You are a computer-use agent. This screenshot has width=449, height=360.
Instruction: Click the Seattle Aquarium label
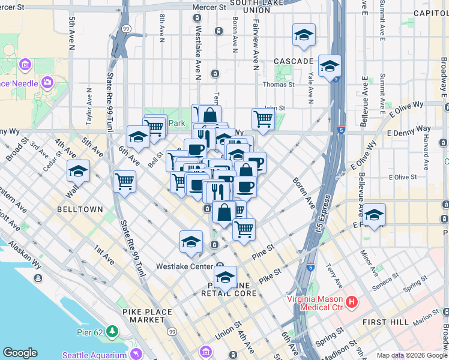click(x=94, y=355)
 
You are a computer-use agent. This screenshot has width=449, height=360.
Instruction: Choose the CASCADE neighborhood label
click(x=294, y=61)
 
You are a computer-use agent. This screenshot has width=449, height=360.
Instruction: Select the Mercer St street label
click(x=209, y=7)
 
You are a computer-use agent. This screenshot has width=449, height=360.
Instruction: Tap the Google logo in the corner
click(x=20, y=353)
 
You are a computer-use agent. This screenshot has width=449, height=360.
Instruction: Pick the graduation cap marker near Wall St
click(x=78, y=172)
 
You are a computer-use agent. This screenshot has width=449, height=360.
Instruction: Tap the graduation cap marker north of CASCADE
click(x=304, y=35)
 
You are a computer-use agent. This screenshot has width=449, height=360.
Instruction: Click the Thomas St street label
click(x=283, y=85)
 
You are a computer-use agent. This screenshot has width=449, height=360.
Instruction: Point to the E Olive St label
click(x=403, y=177)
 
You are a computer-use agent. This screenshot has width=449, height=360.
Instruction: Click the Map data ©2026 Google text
click(x=411, y=355)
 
